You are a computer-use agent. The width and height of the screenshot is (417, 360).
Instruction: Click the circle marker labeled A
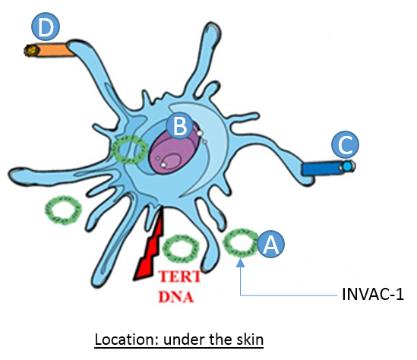pos(270,244)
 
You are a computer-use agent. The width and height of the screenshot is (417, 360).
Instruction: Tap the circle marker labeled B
pos(180,125)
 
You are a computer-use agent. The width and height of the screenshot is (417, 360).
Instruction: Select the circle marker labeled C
pos(345,144)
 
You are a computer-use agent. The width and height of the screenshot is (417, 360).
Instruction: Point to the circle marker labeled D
pos(46,27)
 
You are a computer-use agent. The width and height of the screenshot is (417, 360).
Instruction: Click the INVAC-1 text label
pos(373,295)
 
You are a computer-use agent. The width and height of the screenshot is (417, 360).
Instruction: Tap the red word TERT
pos(180,276)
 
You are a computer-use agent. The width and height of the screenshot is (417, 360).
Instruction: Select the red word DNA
pos(175,297)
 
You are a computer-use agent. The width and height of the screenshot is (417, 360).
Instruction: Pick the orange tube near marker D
pos(55,50)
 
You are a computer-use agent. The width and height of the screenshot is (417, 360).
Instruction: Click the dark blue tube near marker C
pos(321,169)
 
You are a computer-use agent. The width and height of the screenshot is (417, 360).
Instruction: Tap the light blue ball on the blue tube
pos(347,166)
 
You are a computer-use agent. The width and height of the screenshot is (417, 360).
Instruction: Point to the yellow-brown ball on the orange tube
pos(32,50)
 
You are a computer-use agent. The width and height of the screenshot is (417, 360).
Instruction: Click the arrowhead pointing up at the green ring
pos(241,263)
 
